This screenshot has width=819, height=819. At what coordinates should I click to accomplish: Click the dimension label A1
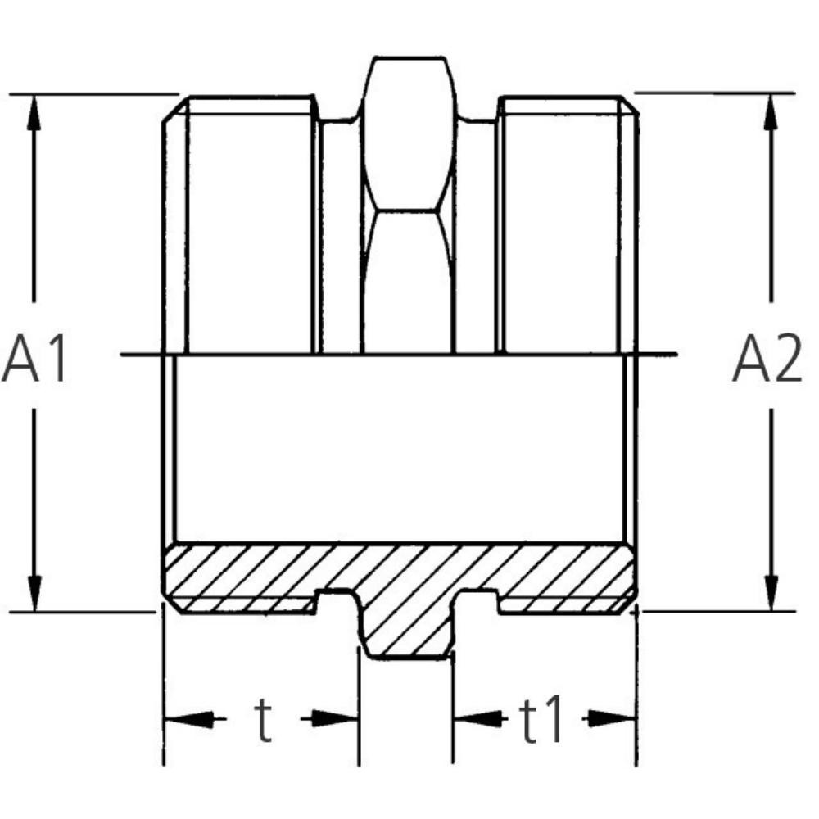35,360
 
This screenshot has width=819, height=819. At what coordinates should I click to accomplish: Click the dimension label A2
767,359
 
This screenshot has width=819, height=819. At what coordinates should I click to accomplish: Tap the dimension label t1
541,719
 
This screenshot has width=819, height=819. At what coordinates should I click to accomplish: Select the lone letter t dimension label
263,720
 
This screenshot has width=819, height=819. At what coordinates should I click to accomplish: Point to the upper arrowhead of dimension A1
34,113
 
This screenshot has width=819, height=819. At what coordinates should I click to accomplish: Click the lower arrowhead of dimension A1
34,593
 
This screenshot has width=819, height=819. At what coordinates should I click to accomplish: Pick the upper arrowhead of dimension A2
771,111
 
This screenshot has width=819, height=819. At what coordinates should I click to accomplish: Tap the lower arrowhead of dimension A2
771,593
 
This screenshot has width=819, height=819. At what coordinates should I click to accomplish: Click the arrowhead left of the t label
188,719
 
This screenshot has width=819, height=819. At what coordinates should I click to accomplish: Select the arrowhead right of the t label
335,719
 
